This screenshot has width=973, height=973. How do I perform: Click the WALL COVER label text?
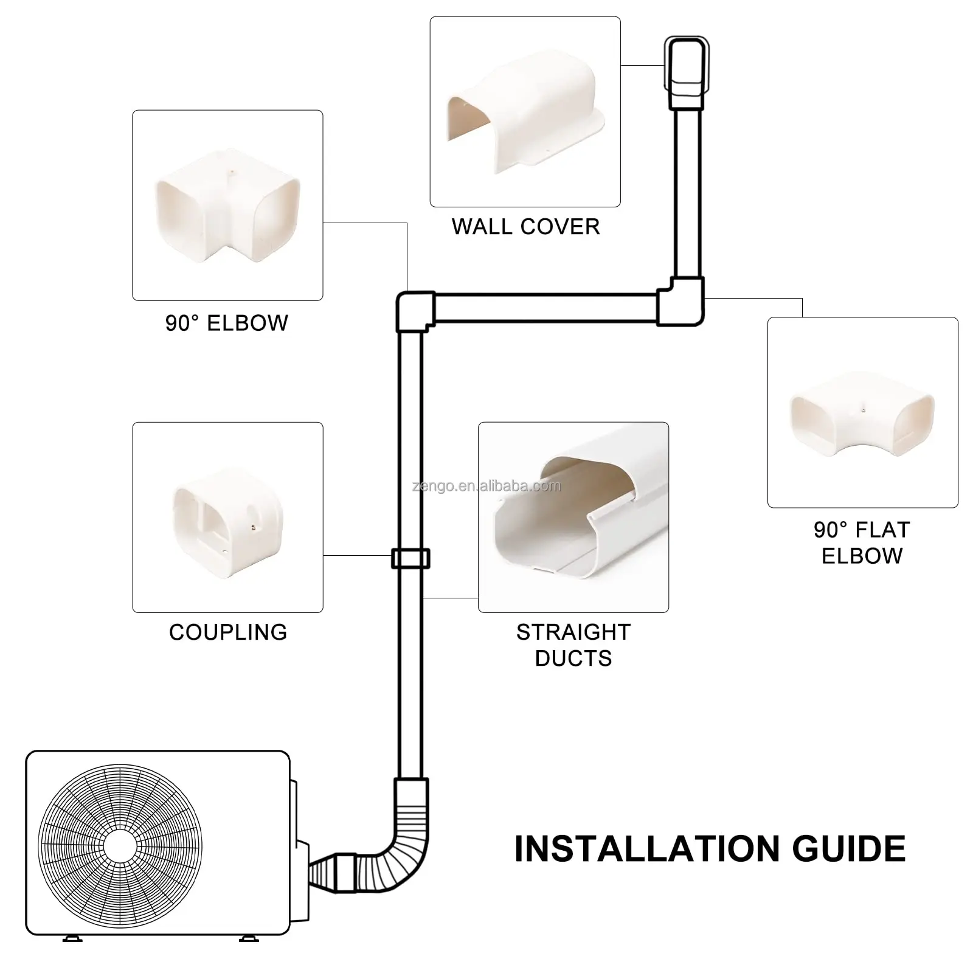tap(525, 227)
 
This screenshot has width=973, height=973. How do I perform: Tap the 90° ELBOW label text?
tap(227, 323)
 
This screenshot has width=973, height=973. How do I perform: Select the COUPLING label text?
tap(227, 632)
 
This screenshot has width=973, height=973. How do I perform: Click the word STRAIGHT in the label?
tap(573, 632)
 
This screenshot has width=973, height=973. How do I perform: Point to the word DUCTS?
tap(573, 659)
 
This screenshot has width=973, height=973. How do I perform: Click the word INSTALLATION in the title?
tap(645, 849)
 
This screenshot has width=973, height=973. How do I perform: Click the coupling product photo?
tap(227, 517)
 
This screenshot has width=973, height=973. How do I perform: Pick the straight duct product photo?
tap(573, 517)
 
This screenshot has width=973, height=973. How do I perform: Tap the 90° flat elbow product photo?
tap(862, 412)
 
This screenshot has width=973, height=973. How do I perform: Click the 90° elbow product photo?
tap(227, 206)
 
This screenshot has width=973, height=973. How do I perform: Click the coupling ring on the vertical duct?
tap(411, 558)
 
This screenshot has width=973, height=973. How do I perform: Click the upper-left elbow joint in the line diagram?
tap(415, 311)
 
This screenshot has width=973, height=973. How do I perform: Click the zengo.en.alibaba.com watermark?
tap(486, 486)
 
